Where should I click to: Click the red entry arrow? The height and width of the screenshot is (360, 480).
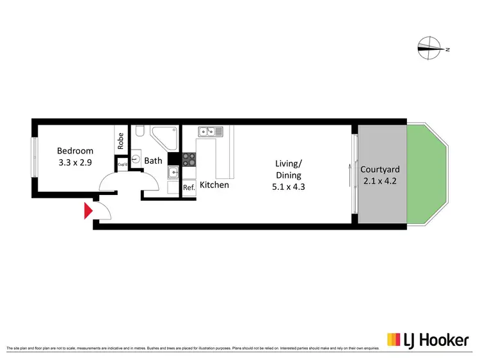(88, 211)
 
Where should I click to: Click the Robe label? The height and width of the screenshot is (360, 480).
(120, 140)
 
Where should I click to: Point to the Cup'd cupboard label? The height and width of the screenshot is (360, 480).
(122, 165)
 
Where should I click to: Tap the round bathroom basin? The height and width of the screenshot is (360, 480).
(136, 159)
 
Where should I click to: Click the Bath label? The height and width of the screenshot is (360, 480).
(153, 161)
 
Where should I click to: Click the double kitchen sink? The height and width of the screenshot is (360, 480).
(210, 132)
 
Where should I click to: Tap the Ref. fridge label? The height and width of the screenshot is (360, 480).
(189, 188)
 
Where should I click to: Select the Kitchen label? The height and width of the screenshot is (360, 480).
(214, 185)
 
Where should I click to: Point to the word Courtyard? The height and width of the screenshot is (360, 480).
(380, 169)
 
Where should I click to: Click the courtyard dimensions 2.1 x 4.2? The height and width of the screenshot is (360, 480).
(380, 181)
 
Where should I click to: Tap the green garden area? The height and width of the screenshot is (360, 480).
(428, 174)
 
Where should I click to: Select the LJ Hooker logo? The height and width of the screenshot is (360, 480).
(427, 340)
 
